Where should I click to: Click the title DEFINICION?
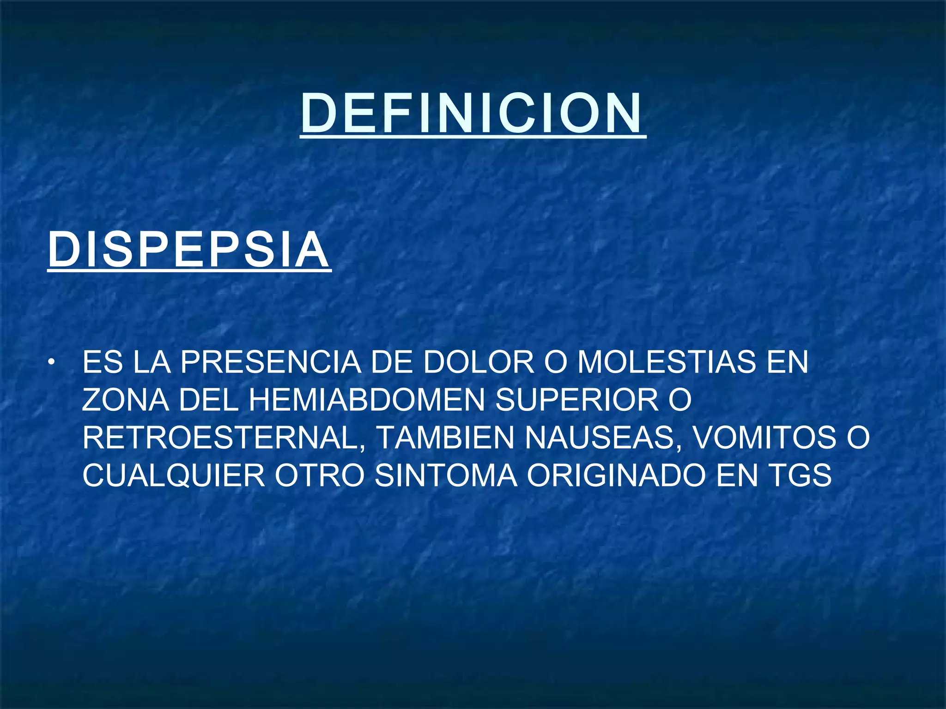click(472, 113)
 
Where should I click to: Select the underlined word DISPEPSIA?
click(188, 250)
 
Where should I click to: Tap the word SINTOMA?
click(446, 475)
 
